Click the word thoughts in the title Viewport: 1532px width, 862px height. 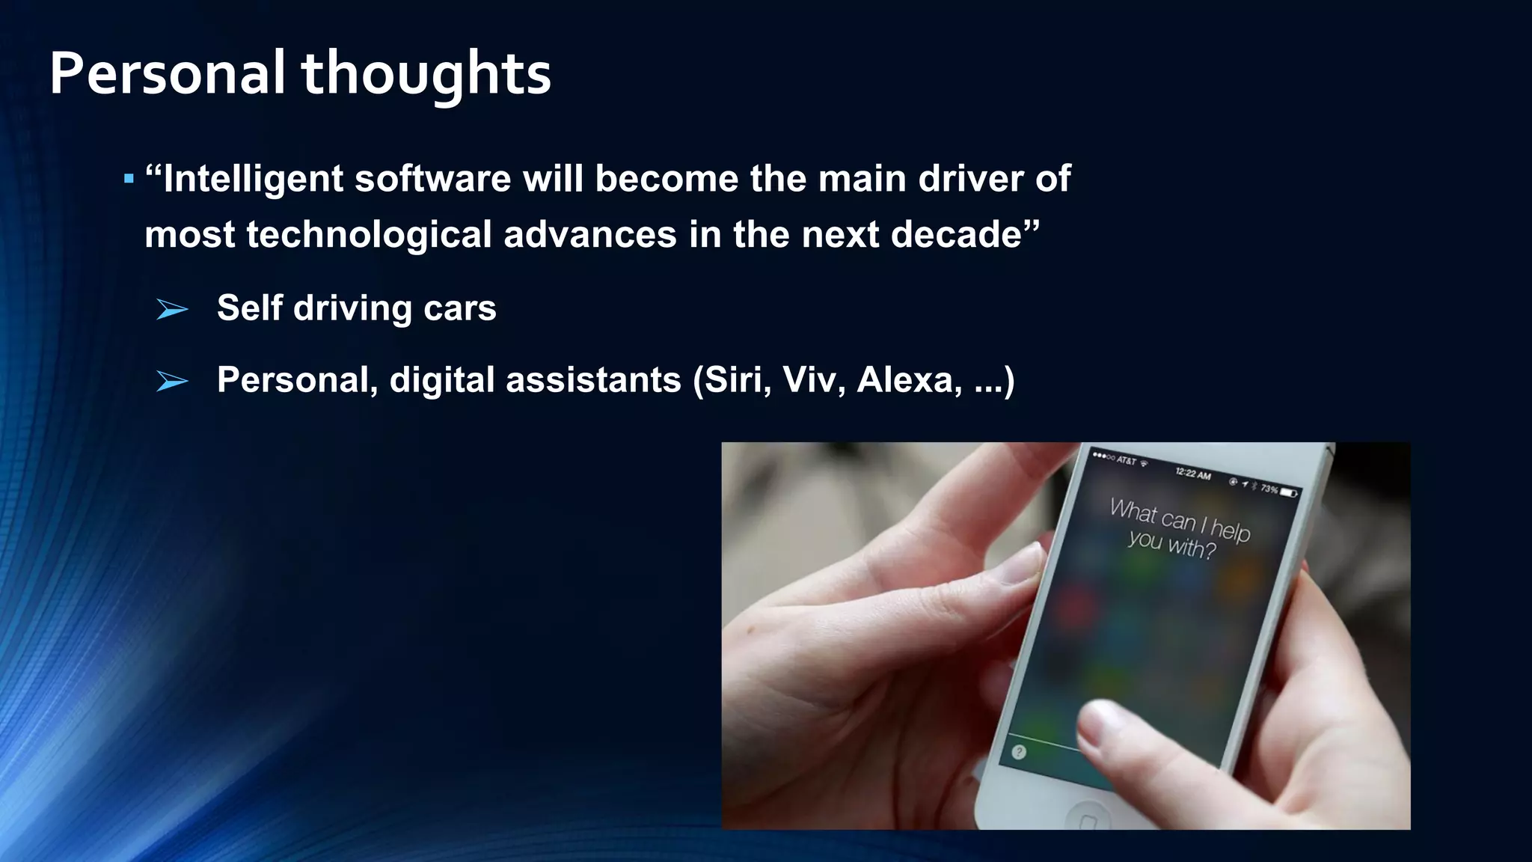click(426, 75)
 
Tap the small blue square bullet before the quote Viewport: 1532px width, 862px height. click(129, 179)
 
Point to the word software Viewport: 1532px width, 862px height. click(432, 179)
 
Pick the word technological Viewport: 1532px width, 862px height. click(368, 235)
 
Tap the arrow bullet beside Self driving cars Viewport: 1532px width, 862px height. click(172, 308)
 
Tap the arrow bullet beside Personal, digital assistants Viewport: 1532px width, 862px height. click(172, 381)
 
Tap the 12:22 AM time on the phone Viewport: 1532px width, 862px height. click(1192, 474)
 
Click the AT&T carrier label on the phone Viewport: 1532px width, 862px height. click(1126, 460)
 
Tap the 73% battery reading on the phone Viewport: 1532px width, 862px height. click(1269, 489)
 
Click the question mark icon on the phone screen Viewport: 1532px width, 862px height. click(1018, 752)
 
